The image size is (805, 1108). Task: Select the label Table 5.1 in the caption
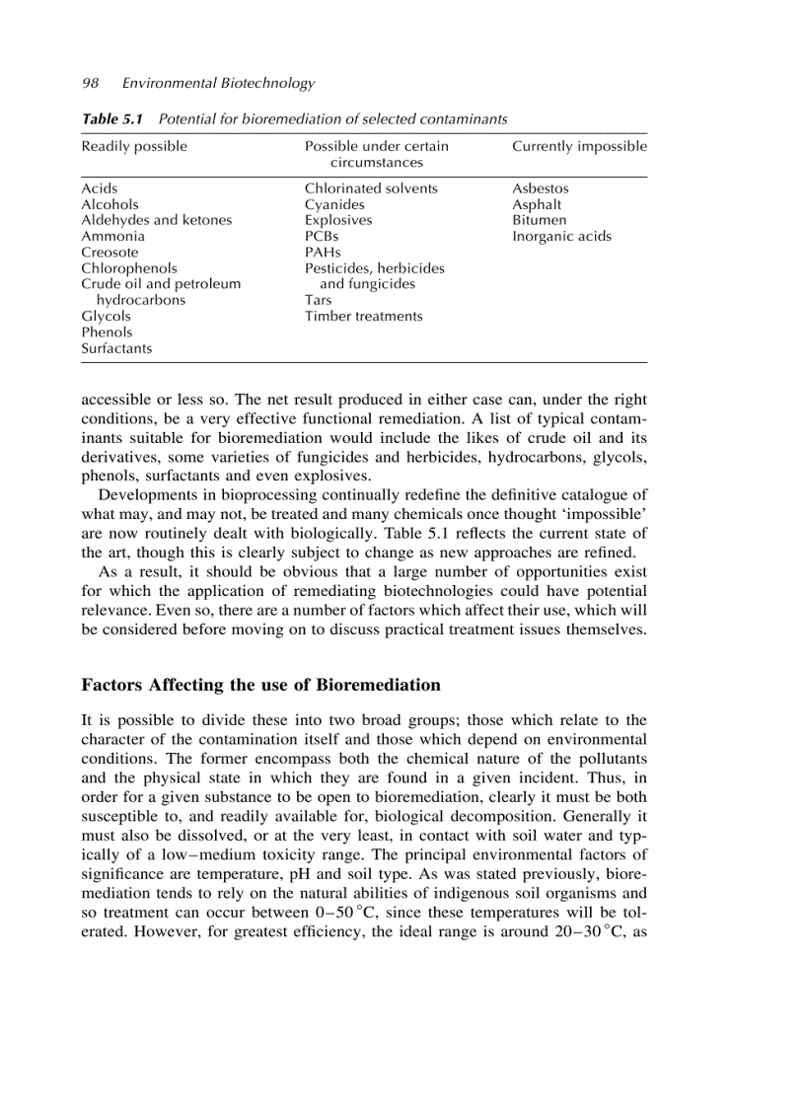coord(112,119)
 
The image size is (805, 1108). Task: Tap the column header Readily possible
coord(134,146)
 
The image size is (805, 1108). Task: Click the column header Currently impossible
coord(579,146)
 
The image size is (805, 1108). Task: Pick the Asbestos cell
coord(540,188)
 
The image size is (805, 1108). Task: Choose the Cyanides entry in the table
coord(334,204)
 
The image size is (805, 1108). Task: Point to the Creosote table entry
coord(110,253)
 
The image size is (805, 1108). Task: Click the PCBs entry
coord(322,237)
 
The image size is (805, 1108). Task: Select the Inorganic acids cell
coord(561,237)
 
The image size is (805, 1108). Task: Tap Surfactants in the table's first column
coord(116,348)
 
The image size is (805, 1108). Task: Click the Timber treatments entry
coord(363,317)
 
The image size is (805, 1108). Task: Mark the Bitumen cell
coord(539,220)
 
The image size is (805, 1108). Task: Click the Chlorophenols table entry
coord(129,268)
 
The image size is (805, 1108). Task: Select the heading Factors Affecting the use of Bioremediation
coord(260,685)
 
